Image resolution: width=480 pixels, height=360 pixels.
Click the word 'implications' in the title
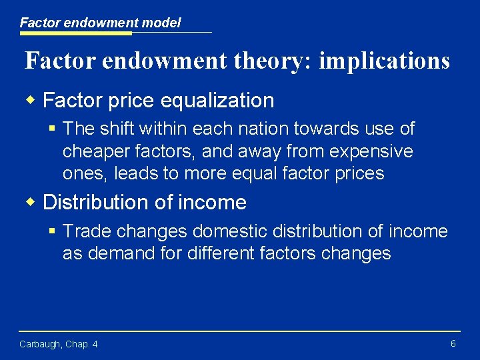[x=384, y=61]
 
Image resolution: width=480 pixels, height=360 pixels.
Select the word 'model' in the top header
[x=163, y=23]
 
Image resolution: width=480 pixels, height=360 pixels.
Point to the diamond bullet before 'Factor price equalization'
[x=31, y=100]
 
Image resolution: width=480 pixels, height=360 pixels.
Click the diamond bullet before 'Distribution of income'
[x=31, y=201]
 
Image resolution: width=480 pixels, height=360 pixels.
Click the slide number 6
[x=453, y=344]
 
